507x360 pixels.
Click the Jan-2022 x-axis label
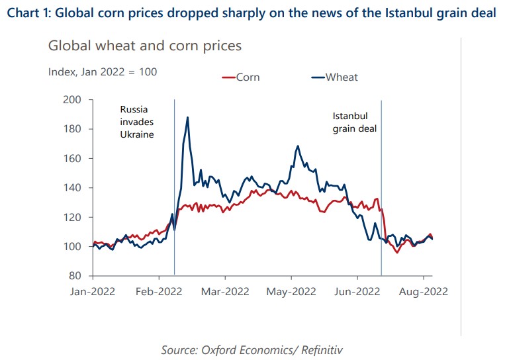[x=93, y=291]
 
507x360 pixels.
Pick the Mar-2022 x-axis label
[x=224, y=291]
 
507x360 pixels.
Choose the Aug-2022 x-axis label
[x=422, y=291]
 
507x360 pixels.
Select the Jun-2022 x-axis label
[x=356, y=291]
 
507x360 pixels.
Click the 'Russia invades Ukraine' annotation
[x=136, y=122]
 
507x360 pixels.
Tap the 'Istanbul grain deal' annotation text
[x=354, y=122]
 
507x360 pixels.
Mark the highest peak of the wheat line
[x=188, y=118]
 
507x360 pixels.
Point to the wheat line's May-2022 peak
[x=298, y=146]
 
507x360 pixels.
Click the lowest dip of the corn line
[x=397, y=252]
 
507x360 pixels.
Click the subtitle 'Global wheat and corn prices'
[x=145, y=46]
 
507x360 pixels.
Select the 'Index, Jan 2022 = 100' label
[x=103, y=71]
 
